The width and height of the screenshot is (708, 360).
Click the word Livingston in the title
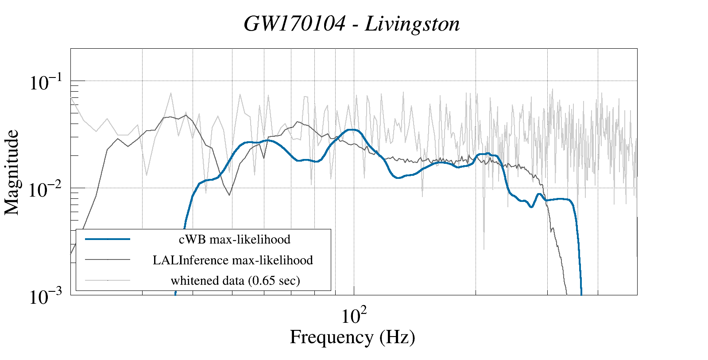coord(412,24)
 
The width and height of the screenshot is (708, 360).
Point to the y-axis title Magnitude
coord(12,172)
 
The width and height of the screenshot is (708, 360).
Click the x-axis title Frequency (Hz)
coord(352,337)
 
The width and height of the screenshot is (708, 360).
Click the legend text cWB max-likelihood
coord(235,240)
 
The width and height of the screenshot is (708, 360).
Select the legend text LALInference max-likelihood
coord(233,260)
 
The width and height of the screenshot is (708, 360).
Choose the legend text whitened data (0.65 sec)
coord(235,280)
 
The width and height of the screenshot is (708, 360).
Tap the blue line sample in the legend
coord(108,239)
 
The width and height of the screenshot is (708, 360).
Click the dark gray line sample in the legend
coord(108,259)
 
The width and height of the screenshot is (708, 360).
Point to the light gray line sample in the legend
coord(108,280)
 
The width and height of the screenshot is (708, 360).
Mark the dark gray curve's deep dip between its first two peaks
coord(229,195)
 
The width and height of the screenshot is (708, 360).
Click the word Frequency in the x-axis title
coord(332,337)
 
